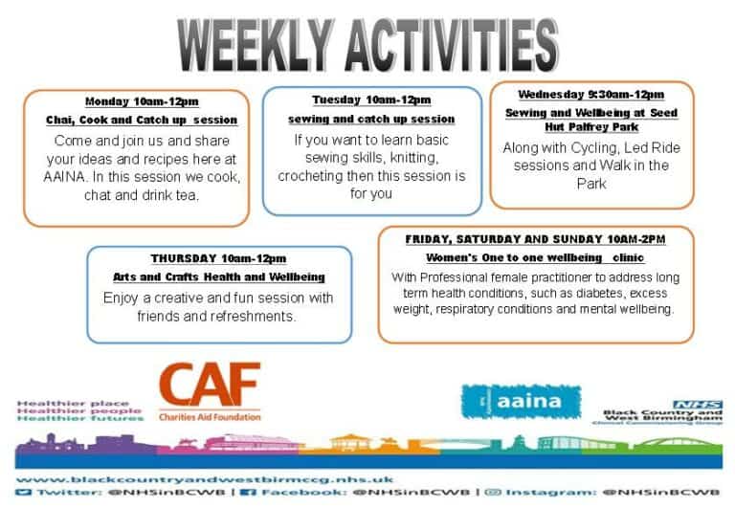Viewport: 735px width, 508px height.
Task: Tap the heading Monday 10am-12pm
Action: tap(142, 101)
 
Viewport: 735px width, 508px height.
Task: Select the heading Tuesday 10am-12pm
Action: tap(371, 99)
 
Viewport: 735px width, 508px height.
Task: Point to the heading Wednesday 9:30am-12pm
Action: tap(590, 95)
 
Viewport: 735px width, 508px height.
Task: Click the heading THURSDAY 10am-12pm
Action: tap(218, 258)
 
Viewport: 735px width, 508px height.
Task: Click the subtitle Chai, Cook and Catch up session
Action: tap(142, 121)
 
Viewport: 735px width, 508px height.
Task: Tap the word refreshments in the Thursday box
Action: tap(265, 317)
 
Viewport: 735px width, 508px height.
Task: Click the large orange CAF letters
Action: tap(209, 386)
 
